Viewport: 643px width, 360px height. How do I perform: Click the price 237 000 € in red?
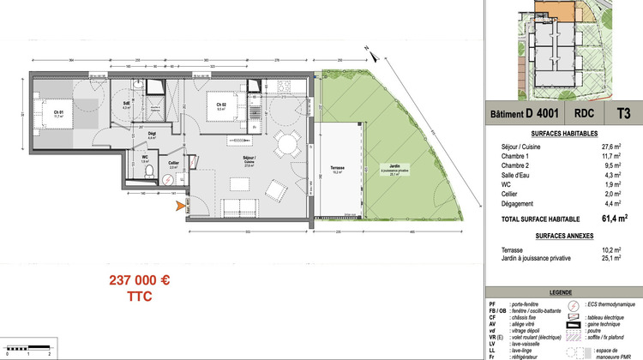(140, 279)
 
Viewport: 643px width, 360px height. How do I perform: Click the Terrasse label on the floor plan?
(337, 170)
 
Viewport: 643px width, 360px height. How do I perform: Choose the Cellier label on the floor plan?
(173, 163)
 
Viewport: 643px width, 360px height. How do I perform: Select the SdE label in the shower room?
(126, 105)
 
